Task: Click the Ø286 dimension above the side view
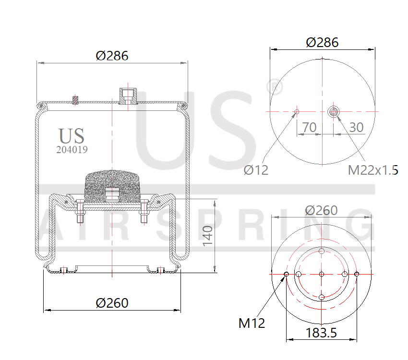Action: click(112, 56)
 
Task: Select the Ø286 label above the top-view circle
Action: click(322, 42)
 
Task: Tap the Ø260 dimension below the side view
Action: click(112, 303)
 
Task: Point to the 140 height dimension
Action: click(207, 236)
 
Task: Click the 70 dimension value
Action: click(309, 127)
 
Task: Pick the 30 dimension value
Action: click(356, 127)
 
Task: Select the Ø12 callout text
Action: click(256, 169)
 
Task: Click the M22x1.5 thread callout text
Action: click(373, 169)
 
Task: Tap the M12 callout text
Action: click(252, 323)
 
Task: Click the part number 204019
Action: click(72, 149)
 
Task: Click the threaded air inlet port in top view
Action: click(333, 112)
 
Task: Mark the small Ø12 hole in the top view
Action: click(297, 112)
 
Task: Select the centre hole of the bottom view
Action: click(322, 274)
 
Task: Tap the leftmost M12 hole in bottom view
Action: click(287, 274)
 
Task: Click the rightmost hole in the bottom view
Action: click(357, 274)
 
